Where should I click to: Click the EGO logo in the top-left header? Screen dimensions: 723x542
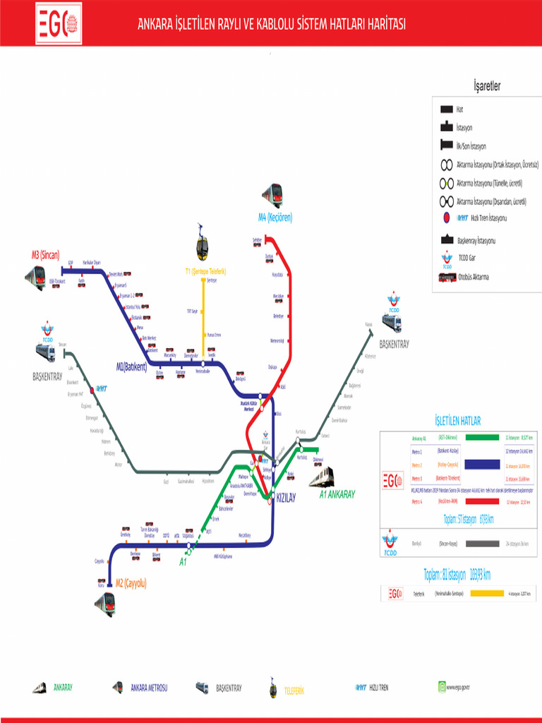(58, 23)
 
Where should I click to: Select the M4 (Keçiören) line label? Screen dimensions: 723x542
(275, 217)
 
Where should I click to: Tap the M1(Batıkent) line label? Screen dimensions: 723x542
(131, 366)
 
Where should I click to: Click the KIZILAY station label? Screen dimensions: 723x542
(286, 497)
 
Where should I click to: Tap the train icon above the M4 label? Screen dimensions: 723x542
(272, 195)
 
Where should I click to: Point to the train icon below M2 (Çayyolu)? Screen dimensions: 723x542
(105, 604)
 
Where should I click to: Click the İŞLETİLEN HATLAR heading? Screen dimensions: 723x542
(458, 422)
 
